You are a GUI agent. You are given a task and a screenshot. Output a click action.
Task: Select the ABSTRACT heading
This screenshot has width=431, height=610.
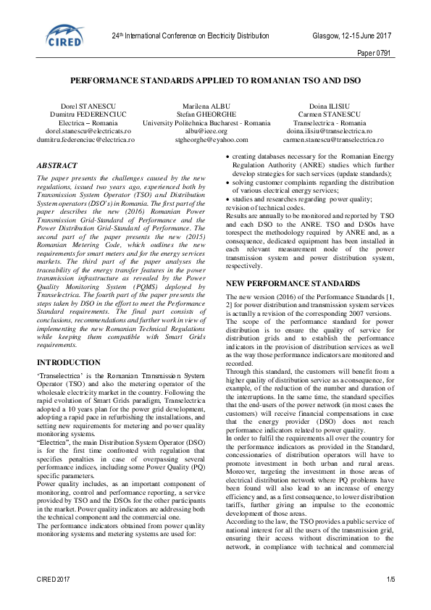click(57, 165)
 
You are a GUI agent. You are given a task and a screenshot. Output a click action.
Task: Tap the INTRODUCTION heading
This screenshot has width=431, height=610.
click(68, 362)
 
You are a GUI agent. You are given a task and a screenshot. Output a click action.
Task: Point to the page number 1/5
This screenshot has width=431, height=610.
click(391, 600)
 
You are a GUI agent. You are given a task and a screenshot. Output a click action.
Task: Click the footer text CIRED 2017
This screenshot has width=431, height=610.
click(54, 600)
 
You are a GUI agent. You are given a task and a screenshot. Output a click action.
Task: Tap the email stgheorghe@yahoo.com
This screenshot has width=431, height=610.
click(217, 139)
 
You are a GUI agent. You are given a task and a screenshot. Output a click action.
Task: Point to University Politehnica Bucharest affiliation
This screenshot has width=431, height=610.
click(217, 122)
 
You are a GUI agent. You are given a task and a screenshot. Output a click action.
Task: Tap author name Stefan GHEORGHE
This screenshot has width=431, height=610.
click(217, 114)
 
